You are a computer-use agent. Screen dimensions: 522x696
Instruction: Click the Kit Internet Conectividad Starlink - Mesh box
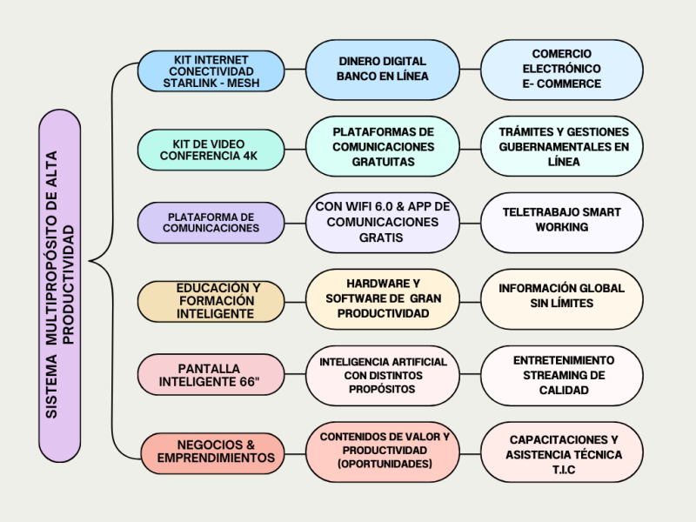click(x=211, y=70)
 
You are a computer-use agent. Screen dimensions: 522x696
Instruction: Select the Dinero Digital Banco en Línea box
click(x=382, y=69)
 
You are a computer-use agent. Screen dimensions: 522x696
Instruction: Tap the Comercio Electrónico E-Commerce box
click(x=561, y=69)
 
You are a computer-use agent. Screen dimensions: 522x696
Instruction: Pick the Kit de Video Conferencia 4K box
click(x=211, y=150)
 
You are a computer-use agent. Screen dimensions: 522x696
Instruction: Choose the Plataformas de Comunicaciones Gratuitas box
click(x=382, y=146)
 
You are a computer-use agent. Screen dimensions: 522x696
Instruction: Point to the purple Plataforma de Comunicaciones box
click(x=211, y=222)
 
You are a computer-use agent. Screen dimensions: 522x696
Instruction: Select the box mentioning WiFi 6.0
click(x=382, y=222)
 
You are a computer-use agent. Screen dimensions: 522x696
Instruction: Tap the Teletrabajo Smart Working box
click(x=561, y=220)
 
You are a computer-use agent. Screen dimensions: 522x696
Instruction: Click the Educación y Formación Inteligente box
click(x=211, y=300)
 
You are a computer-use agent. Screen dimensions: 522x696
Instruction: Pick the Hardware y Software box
click(x=382, y=298)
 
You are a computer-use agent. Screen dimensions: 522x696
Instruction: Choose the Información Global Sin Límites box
click(x=561, y=297)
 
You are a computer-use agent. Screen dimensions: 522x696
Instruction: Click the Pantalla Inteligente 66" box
click(x=211, y=375)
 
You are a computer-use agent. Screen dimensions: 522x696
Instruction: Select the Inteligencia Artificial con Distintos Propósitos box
click(x=382, y=375)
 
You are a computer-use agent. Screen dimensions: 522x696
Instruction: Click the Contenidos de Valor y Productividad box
click(x=384, y=451)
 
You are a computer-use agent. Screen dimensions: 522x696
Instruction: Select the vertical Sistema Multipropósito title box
click(x=60, y=285)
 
